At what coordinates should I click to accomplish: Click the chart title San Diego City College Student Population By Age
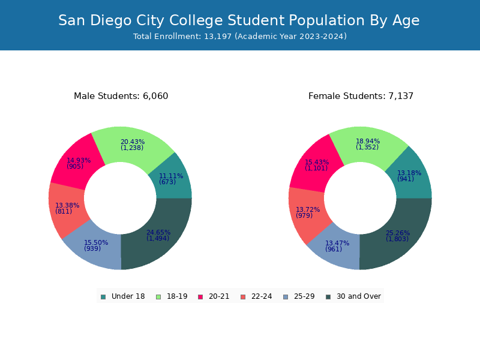click(239, 20)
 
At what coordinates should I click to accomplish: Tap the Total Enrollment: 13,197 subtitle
click(239, 37)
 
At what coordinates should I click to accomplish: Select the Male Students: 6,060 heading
click(121, 96)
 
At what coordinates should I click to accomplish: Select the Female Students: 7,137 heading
click(361, 96)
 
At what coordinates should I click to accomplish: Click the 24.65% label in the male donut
click(158, 233)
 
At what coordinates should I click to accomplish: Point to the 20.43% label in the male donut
click(132, 142)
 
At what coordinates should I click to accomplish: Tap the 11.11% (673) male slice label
click(171, 179)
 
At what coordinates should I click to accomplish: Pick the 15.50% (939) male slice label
click(96, 245)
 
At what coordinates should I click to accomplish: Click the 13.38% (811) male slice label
click(67, 208)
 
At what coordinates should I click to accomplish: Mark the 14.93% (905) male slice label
click(79, 163)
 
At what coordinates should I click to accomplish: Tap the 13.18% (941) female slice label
click(409, 176)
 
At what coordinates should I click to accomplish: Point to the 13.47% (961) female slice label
click(337, 246)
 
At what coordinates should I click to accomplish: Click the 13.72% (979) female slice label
click(308, 212)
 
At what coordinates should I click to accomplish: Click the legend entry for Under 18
click(122, 296)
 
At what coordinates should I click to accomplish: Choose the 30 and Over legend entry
click(353, 296)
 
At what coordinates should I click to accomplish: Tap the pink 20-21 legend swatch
click(201, 296)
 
